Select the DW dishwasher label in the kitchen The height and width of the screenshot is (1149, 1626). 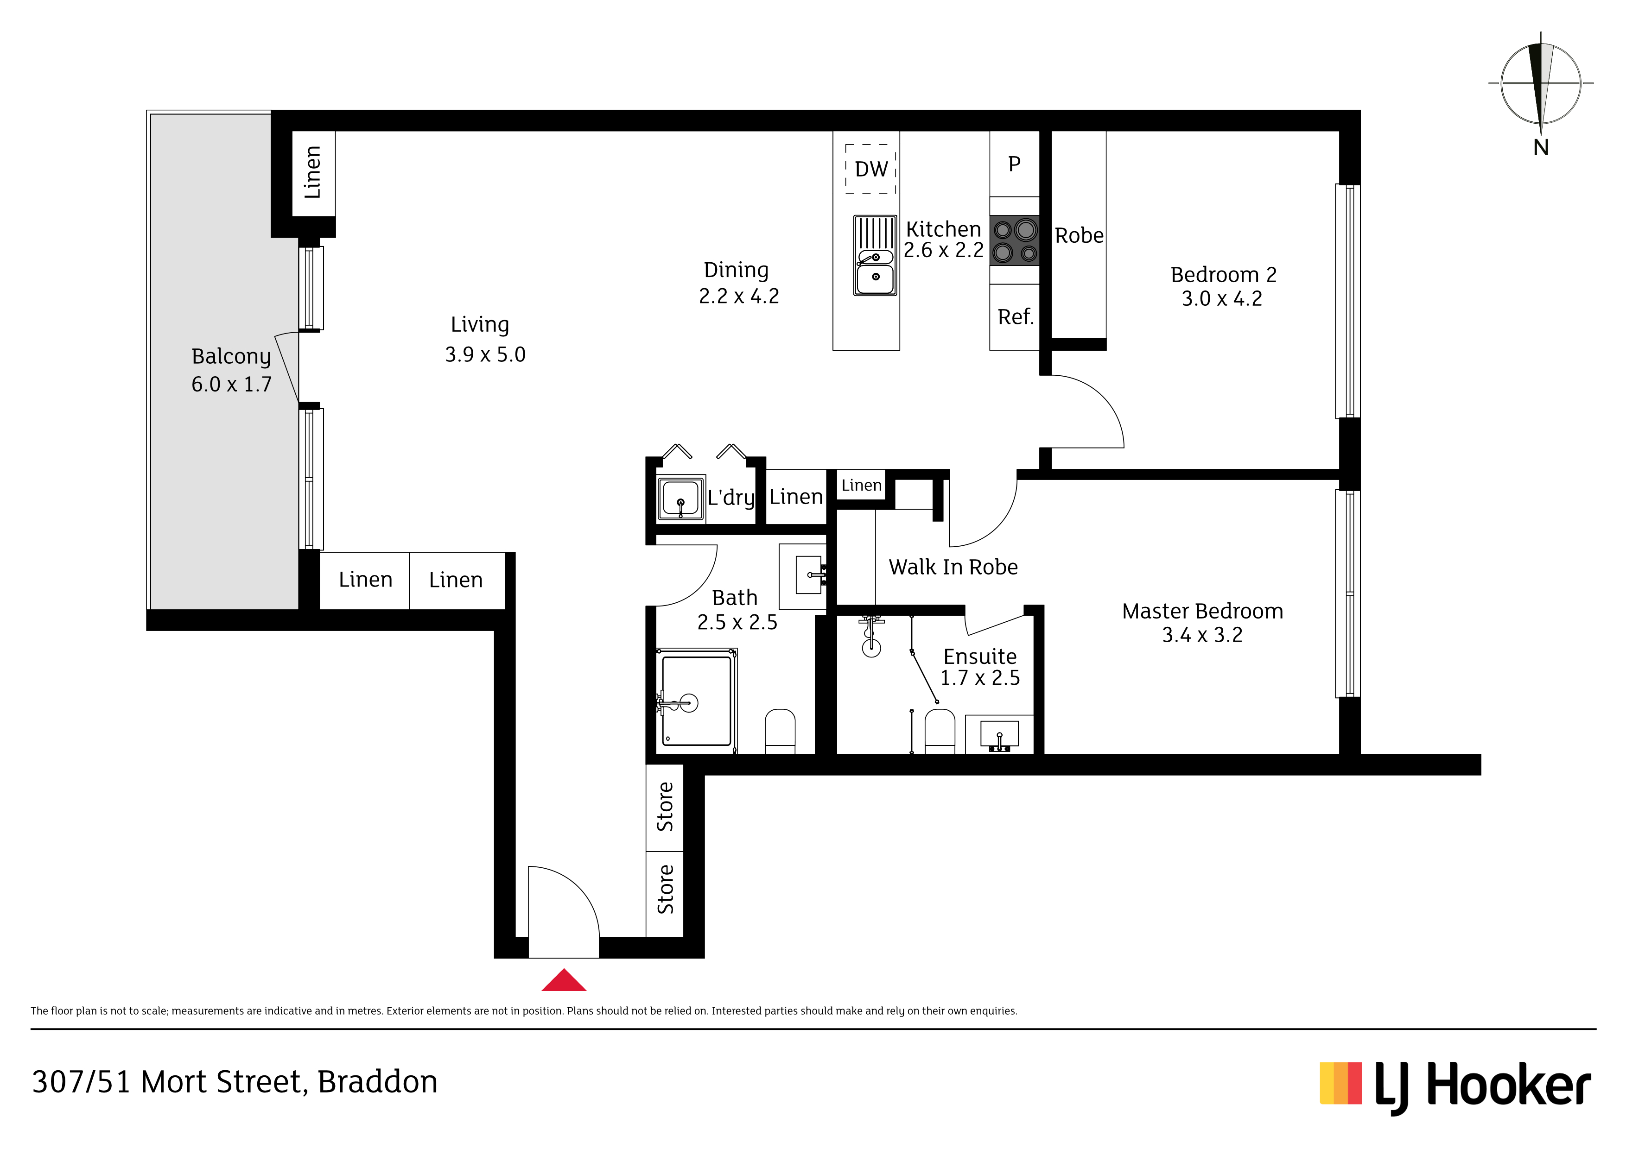click(x=871, y=169)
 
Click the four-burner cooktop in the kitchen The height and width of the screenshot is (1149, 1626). click(x=1015, y=241)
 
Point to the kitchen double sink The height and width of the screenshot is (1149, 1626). click(x=875, y=256)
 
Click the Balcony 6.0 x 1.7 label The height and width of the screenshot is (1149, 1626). click(x=232, y=370)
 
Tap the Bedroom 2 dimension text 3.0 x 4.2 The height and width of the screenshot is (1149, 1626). click(x=1222, y=299)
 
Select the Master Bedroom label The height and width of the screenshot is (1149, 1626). click(x=1202, y=611)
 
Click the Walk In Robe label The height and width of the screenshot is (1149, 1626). click(x=953, y=567)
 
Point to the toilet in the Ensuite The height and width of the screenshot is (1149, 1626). click(x=940, y=731)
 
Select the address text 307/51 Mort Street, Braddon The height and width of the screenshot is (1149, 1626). click(x=235, y=1082)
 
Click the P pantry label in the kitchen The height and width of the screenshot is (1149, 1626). click(x=1014, y=164)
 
